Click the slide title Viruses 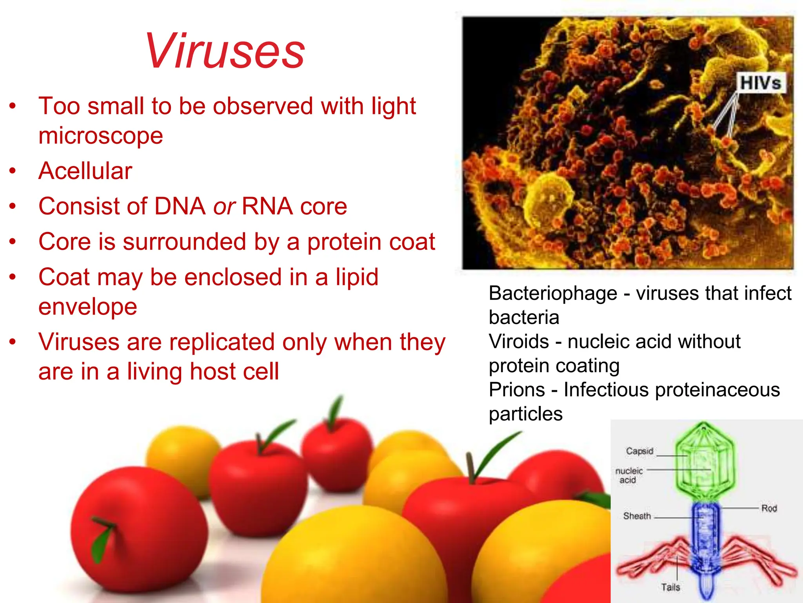click(225, 51)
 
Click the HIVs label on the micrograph click(760, 83)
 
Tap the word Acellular click(85, 171)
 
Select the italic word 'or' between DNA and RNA click(224, 206)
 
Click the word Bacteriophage click(553, 294)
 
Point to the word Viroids click(519, 342)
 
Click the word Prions click(517, 390)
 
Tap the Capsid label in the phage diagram click(639, 451)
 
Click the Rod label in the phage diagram click(769, 508)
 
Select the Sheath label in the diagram click(637, 516)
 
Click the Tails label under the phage click(670, 587)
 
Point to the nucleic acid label click(629, 475)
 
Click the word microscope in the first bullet click(101, 136)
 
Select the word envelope click(88, 307)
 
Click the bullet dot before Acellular click(13, 171)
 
